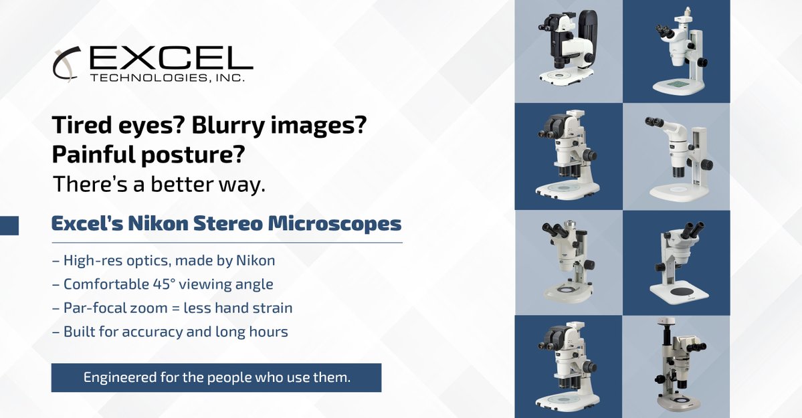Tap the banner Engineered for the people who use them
click(216, 377)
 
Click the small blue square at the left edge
click(9, 225)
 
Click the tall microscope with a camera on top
click(677, 365)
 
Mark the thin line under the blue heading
click(227, 242)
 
